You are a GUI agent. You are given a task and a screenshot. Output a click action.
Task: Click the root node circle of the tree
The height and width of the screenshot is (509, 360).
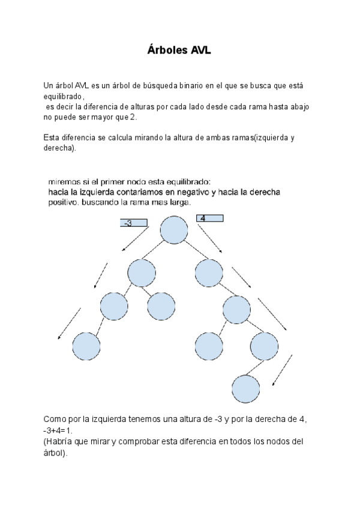click(x=174, y=230)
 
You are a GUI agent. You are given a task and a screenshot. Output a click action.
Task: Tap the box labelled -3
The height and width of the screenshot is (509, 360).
click(x=133, y=224)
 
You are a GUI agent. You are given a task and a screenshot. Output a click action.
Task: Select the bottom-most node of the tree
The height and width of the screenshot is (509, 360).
click(x=246, y=388)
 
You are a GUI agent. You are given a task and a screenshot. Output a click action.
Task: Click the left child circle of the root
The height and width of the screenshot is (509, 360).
click(x=142, y=273)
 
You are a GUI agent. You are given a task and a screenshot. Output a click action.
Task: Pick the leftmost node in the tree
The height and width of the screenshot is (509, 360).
click(x=86, y=346)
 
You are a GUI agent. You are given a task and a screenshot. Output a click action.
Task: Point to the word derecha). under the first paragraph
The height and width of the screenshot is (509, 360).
click(x=60, y=148)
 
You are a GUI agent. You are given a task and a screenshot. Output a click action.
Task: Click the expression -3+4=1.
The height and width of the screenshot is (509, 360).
click(x=62, y=431)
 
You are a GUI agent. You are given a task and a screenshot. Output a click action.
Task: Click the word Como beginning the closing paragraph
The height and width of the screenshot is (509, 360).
click(x=55, y=420)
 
